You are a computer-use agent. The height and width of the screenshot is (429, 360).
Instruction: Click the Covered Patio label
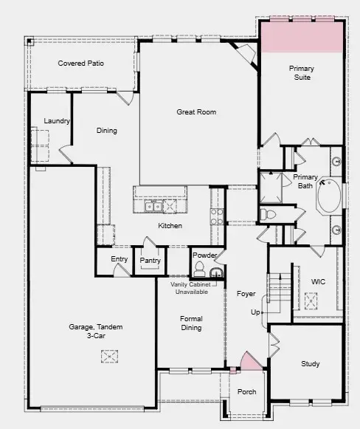pos(81,64)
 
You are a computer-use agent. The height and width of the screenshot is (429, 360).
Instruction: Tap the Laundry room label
pos(56,121)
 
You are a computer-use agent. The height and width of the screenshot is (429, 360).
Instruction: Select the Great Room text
pos(196,112)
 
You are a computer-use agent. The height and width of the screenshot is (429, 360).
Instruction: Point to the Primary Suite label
pos(301,72)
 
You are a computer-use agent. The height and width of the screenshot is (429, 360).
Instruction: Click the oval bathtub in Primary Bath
pos(329,196)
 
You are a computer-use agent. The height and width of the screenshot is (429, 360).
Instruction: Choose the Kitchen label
pos(170,226)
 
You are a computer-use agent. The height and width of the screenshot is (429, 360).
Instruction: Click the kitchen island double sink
pos(155,206)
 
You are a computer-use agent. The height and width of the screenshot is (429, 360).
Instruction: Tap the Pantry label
pos(150,261)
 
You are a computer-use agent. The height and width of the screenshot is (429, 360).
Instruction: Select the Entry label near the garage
pos(120,259)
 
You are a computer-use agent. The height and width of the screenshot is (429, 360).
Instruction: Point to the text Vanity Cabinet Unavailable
pos(189,288)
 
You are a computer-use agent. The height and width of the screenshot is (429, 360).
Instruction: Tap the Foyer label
pos(246,294)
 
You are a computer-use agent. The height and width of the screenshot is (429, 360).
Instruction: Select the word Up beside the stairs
pos(255,312)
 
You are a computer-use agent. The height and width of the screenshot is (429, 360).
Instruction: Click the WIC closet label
pos(318,281)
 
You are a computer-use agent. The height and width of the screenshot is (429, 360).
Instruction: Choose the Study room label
pos(311,364)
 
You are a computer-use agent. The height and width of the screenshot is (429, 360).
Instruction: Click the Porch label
pos(247,392)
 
